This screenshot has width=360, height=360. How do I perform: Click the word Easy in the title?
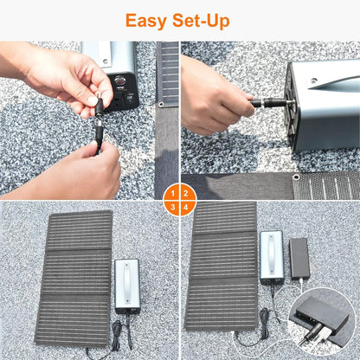click(148, 21)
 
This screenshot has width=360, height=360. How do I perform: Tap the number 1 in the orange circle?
click(174, 193)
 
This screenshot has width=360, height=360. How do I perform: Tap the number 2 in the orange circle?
click(187, 193)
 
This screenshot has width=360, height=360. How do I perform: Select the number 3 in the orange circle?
click(174, 207)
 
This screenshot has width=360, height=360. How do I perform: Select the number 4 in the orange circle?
click(187, 207)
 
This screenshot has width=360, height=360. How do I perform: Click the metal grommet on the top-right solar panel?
click(296, 177)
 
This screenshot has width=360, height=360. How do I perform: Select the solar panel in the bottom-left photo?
click(73, 277)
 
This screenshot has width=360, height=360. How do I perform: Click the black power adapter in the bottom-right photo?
click(299, 257)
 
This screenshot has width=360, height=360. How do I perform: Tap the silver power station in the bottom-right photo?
click(271, 258)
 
